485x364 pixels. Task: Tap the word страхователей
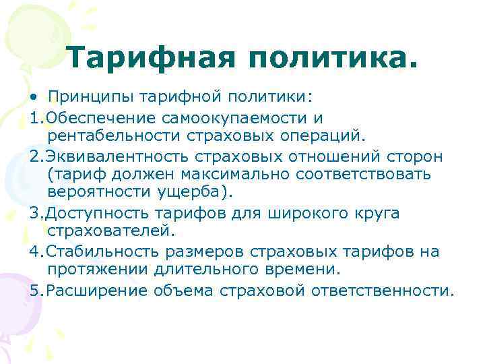(x=110, y=232)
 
